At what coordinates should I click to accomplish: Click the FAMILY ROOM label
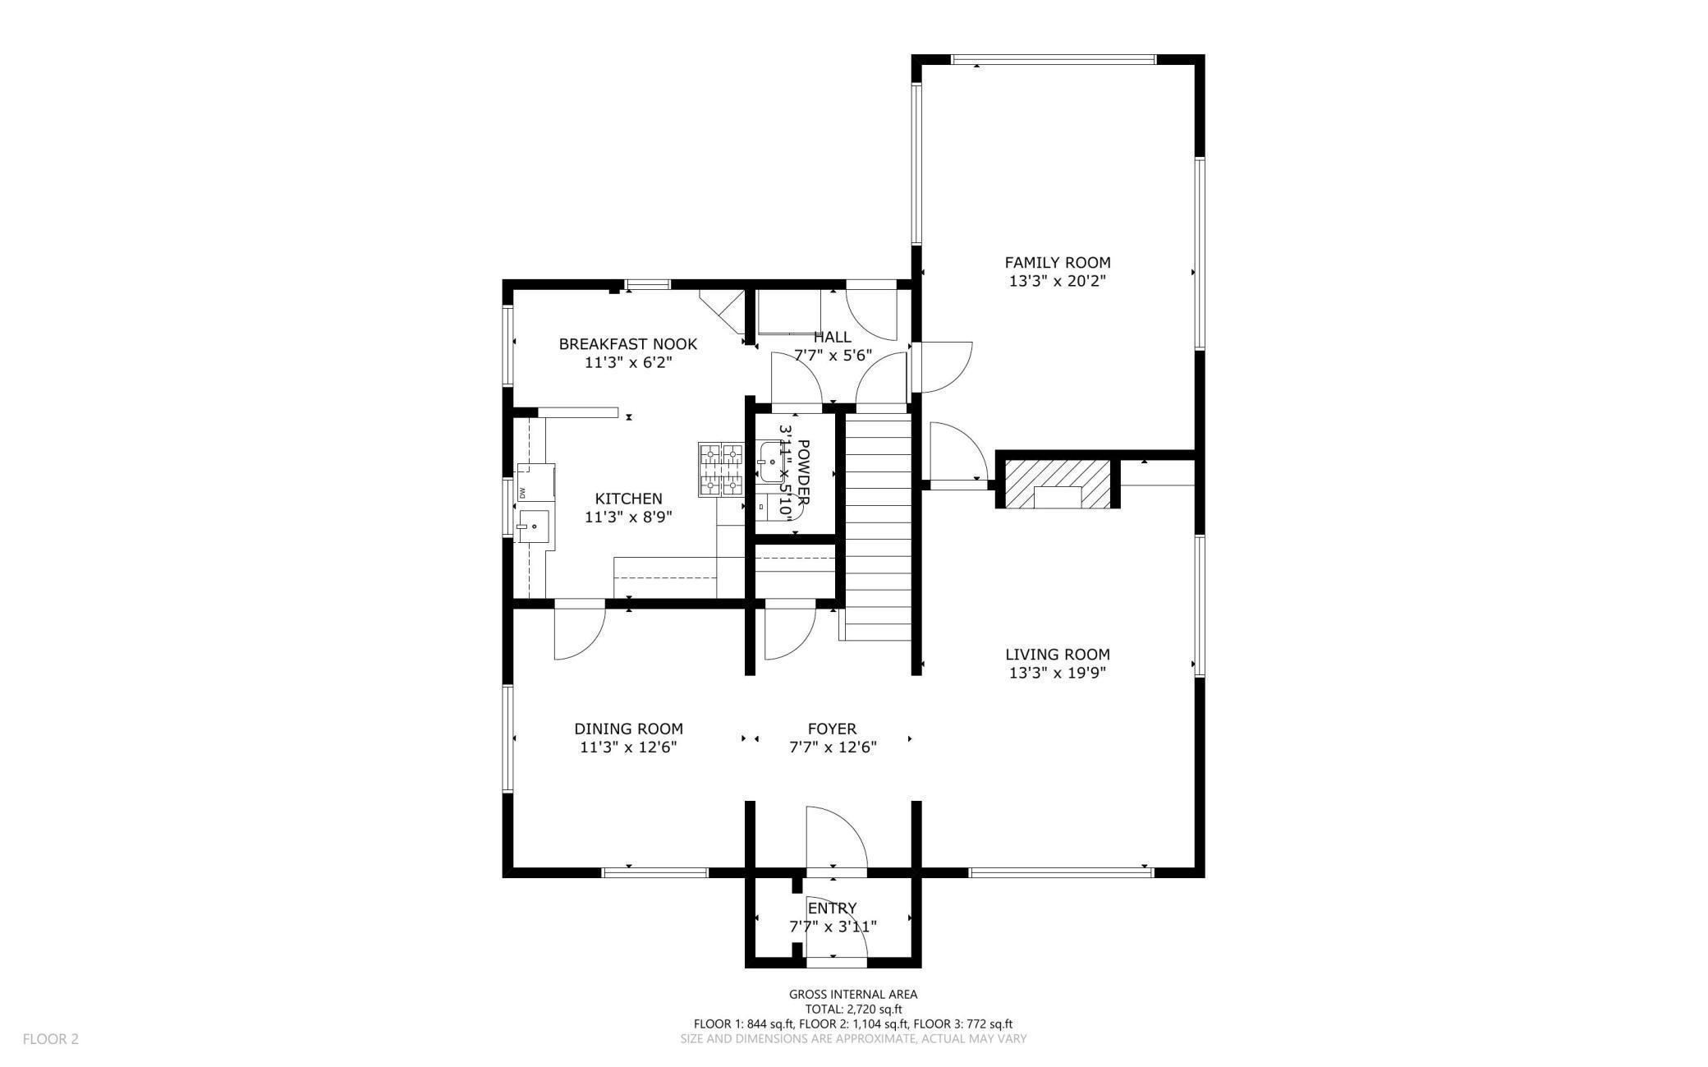[x=1057, y=263]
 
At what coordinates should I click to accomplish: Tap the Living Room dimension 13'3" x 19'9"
[x=1057, y=673]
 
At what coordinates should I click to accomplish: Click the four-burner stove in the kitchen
[x=720, y=470]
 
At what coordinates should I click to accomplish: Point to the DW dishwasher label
[x=521, y=493]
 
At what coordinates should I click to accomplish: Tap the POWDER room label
[x=803, y=472]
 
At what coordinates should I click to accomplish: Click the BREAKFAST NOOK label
[x=628, y=344]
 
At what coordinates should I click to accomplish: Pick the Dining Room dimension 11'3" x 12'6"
[x=628, y=747]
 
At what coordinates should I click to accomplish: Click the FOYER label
[x=832, y=729]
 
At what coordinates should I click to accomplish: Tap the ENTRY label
[x=832, y=908]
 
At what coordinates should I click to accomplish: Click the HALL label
[x=832, y=337]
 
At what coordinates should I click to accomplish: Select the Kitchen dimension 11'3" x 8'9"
[x=628, y=517]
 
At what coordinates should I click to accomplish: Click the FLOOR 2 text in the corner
[x=50, y=1038]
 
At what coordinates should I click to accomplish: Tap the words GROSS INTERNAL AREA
[x=853, y=994]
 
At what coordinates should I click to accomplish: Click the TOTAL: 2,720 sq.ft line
[x=853, y=1009]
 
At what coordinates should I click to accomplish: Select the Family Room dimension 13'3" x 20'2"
[x=1057, y=281]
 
